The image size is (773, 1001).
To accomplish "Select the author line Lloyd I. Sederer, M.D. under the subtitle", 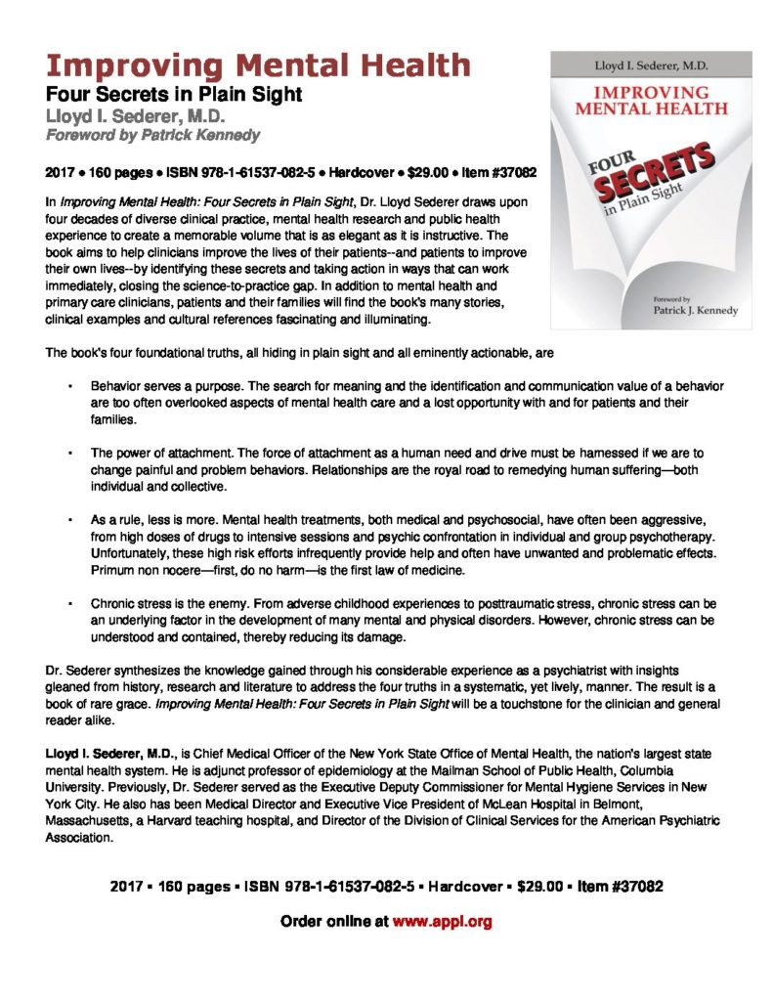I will (145, 116).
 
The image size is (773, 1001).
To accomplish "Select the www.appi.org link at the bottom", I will (442, 921).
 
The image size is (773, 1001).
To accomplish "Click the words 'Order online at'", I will (334, 921).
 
